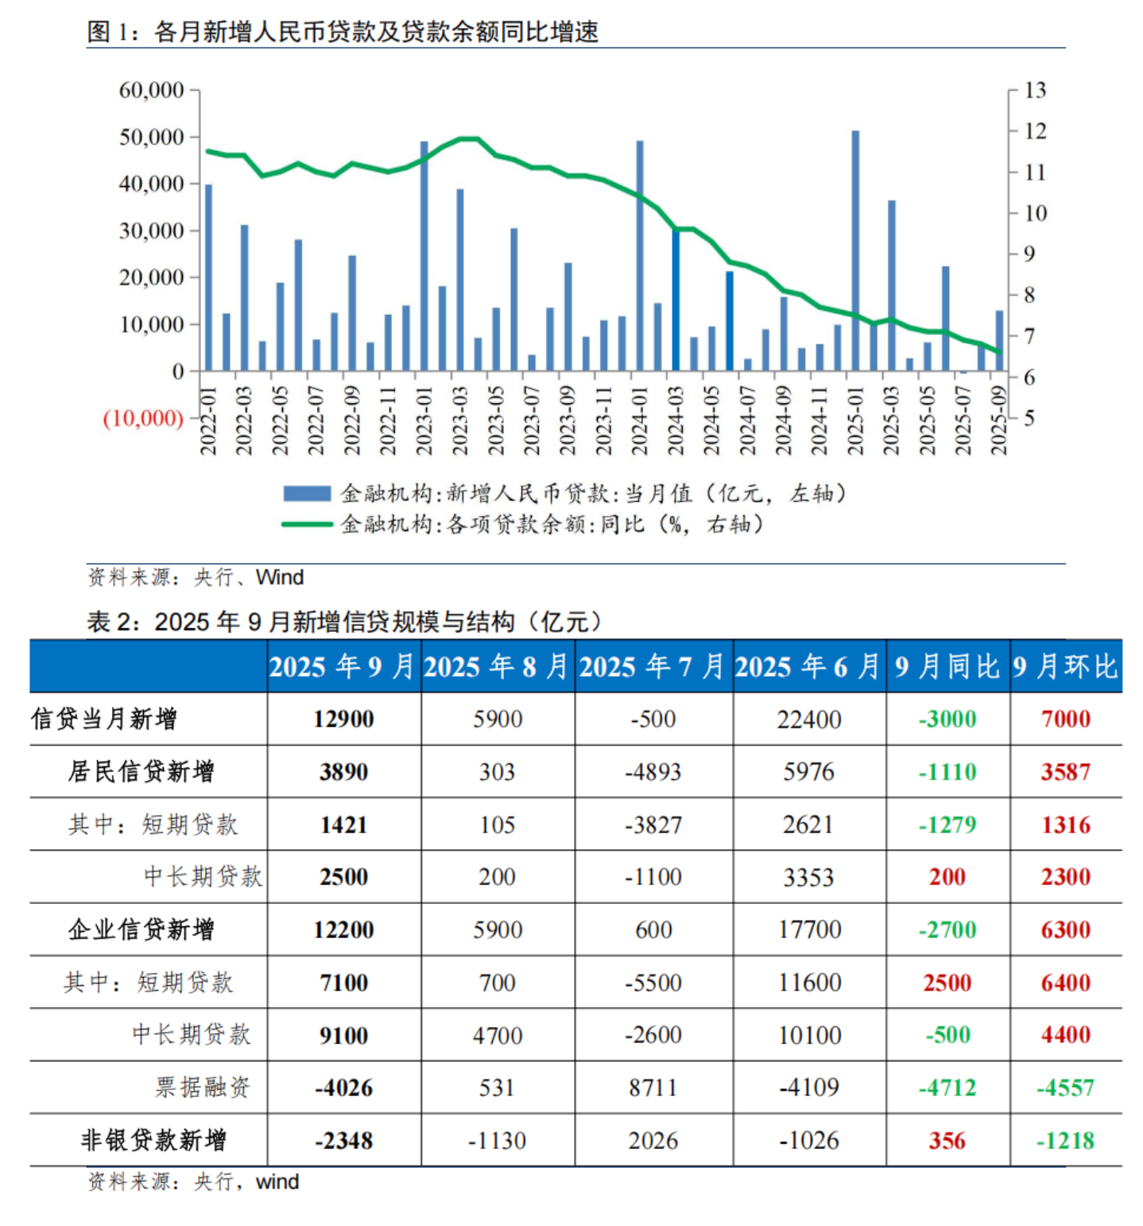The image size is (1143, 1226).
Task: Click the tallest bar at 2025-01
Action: point(855,250)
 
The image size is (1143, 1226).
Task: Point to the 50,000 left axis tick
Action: point(151,137)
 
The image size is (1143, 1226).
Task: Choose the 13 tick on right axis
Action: point(1035,90)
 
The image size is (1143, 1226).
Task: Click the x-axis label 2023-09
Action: point(568,421)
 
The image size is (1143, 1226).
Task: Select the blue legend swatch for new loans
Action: point(307,494)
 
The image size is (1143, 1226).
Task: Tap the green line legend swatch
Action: point(307,524)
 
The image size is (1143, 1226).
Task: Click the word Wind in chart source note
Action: point(280,577)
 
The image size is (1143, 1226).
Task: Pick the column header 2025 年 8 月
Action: point(497,666)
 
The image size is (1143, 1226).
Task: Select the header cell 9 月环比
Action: point(1065,666)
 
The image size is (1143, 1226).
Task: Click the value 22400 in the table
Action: point(809,720)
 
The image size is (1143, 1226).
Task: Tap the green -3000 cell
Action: point(947,720)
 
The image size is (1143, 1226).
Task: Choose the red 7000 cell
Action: point(1065,720)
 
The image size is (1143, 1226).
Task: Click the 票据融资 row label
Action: point(203,1088)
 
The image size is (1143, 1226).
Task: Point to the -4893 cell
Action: point(653,772)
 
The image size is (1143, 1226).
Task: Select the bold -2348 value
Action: point(343,1141)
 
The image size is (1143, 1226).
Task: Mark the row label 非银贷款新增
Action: point(153,1141)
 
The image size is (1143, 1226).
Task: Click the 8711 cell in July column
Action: point(653,1088)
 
